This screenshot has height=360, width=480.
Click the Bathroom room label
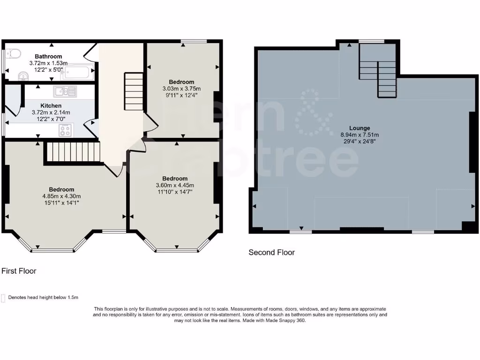click(x=48, y=57)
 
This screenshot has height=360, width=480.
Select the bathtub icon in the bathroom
click(x=79, y=73)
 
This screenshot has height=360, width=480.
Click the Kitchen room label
click(x=51, y=106)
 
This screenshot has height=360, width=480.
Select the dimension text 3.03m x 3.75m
click(x=181, y=89)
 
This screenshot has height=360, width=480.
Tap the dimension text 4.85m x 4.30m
click(x=61, y=196)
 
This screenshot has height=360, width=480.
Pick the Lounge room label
click(x=360, y=128)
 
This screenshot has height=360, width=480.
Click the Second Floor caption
click(x=271, y=253)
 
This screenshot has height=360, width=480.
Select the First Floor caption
click(x=19, y=271)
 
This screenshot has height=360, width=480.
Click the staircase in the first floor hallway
click(x=134, y=91)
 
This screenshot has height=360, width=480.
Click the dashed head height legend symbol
click(x=3, y=298)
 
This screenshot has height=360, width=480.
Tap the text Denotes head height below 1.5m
click(x=43, y=298)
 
